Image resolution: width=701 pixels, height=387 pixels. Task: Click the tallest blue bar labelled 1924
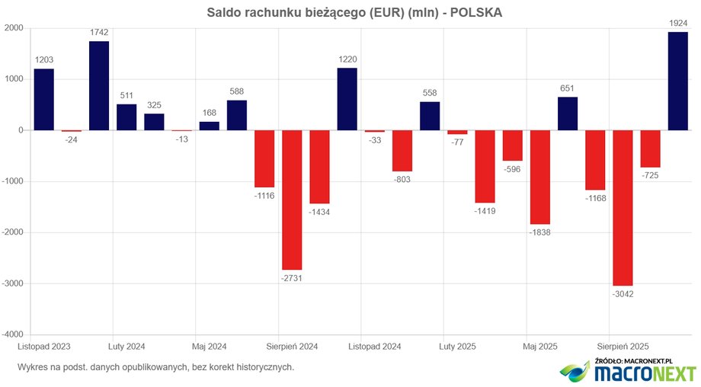[678, 81]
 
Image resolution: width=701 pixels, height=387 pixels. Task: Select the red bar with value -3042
[623, 207]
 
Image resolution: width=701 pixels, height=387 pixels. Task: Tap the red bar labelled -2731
[292, 200]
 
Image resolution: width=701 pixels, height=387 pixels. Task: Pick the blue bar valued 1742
[99, 85]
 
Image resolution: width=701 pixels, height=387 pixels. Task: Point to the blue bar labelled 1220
[347, 99]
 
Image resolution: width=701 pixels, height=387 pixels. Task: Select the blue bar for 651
[568, 114]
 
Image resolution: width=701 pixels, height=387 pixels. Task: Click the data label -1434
[319, 210]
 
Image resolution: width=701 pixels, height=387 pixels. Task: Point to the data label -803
[402, 178]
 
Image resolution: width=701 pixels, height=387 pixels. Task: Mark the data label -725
[650, 174]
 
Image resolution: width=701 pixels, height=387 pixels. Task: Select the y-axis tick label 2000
[13, 28]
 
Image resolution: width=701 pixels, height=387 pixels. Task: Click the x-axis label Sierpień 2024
[292, 347]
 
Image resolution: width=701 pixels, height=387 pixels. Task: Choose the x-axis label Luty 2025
[457, 347]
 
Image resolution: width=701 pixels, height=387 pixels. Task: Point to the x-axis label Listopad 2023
[44, 347]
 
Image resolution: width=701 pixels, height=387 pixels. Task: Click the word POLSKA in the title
[475, 13]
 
